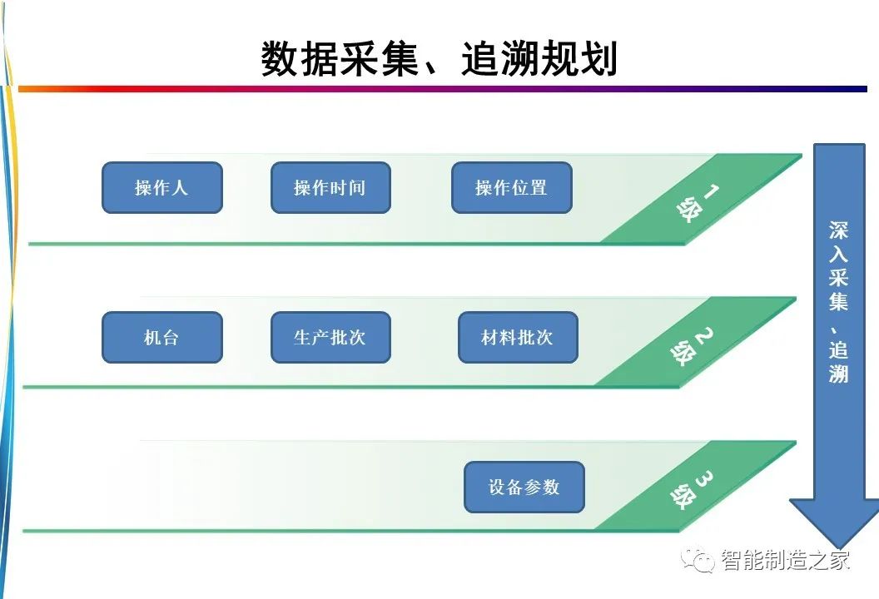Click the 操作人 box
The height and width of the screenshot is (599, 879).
(162, 188)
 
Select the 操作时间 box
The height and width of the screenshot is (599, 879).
(330, 188)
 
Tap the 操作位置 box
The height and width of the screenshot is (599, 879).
(511, 188)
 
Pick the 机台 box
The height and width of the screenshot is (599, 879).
(162, 337)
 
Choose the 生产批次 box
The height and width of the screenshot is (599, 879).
(330, 337)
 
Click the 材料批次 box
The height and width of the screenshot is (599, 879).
(518, 337)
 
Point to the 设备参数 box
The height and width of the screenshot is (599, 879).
(524, 487)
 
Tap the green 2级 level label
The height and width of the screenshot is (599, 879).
(692, 346)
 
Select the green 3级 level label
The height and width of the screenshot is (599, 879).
(692, 490)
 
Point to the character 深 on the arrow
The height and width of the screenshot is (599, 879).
(839, 230)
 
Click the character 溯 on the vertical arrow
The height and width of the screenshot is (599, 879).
(839, 374)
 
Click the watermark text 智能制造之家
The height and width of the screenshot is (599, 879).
(786, 560)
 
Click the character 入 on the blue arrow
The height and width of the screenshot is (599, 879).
(839, 254)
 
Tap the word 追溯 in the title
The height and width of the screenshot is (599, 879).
(500, 59)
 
